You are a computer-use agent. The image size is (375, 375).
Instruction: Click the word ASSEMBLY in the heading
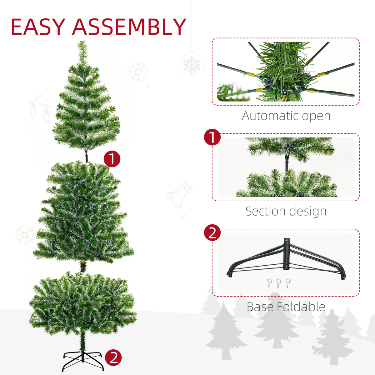(x=129, y=27)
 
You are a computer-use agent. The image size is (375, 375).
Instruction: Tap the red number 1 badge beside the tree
(x=112, y=159)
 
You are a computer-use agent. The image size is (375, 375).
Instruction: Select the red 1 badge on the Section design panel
(x=212, y=137)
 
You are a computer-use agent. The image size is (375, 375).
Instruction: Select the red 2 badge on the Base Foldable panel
(x=212, y=233)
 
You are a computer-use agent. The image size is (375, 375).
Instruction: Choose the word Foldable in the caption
(x=301, y=307)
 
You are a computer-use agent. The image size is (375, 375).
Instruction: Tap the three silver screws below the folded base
(x=278, y=283)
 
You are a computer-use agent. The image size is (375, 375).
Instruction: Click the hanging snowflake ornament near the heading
(x=192, y=64)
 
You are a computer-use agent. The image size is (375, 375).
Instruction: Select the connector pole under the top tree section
(x=86, y=155)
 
